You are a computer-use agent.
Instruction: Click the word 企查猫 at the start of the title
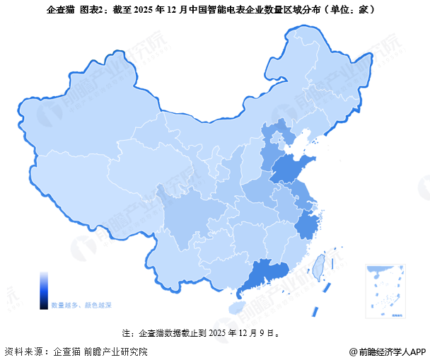coord(62,10)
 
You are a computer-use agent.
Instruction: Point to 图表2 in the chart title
coord(95,10)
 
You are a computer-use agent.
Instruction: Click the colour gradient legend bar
coord(44,289)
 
